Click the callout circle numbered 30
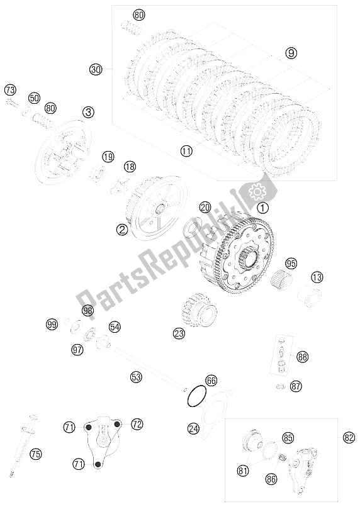[96, 69]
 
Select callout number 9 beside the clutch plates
[291, 53]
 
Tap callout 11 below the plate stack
[187, 151]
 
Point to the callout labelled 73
[11, 90]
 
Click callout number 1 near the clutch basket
[262, 208]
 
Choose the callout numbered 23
[179, 333]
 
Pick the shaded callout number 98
[87, 310]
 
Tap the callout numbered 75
[36, 454]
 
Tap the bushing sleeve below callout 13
[310, 295]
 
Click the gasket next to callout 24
[216, 411]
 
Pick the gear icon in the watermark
[257, 192]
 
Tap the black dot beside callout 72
[118, 423]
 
